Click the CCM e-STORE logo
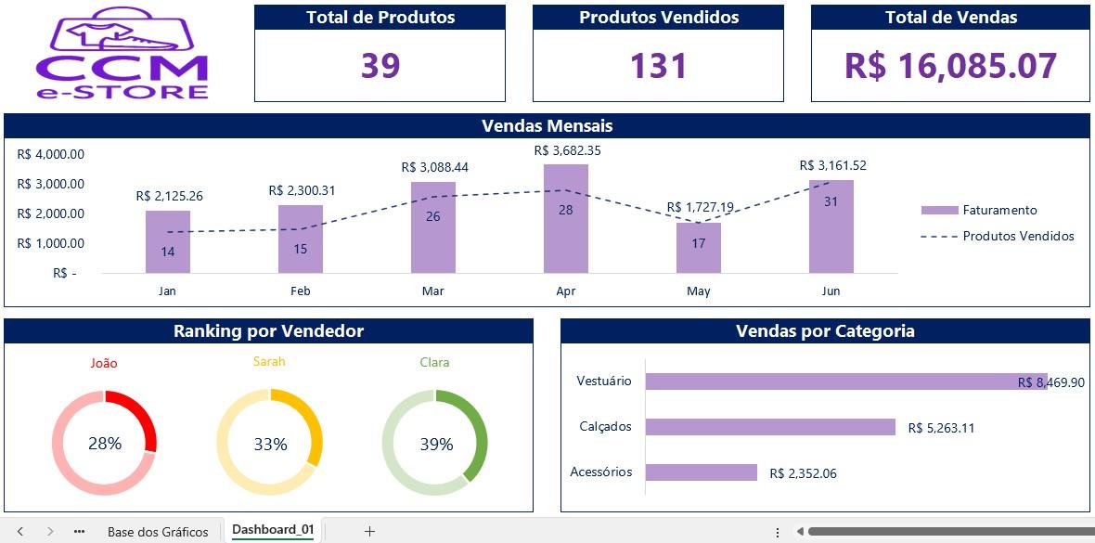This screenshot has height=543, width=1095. (x=122, y=53)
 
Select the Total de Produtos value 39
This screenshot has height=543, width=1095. (x=380, y=66)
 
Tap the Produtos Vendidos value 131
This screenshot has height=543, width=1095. (x=659, y=66)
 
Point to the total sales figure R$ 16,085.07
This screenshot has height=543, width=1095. (x=949, y=66)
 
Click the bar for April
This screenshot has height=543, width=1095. (x=566, y=219)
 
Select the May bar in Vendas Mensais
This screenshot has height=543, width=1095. (x=699, y=248)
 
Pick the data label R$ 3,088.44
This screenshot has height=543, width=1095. (x=433, y=168)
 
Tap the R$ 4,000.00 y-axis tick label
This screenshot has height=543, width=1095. (x=51, y=154)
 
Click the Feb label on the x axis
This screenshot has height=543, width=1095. (x=301, y=291)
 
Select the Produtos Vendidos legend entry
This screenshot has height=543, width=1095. (x=998, y=236)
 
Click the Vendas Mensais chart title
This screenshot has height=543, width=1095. (x=547, y=126)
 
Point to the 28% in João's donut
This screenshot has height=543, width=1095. (x=105, y=443)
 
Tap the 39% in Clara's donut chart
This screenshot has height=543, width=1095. (x=436, y=445)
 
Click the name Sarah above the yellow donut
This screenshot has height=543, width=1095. (x=269, y=362)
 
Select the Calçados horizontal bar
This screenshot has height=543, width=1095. (x=770, y=427)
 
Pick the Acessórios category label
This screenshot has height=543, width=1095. (x=601, y=472)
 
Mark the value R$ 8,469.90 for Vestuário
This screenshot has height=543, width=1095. (x=1050, y=382)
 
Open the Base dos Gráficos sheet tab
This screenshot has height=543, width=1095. (x=158, y=532)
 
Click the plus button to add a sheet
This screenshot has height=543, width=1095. (x=369, y=531)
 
